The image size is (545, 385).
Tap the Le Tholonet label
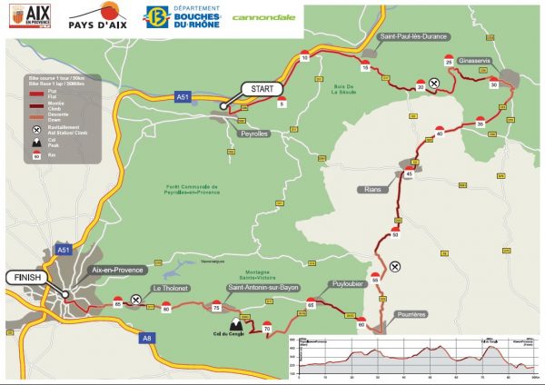170,287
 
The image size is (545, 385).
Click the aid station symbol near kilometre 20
435,84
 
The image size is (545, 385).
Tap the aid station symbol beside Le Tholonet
136,299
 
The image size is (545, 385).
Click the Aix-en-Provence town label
120,271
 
